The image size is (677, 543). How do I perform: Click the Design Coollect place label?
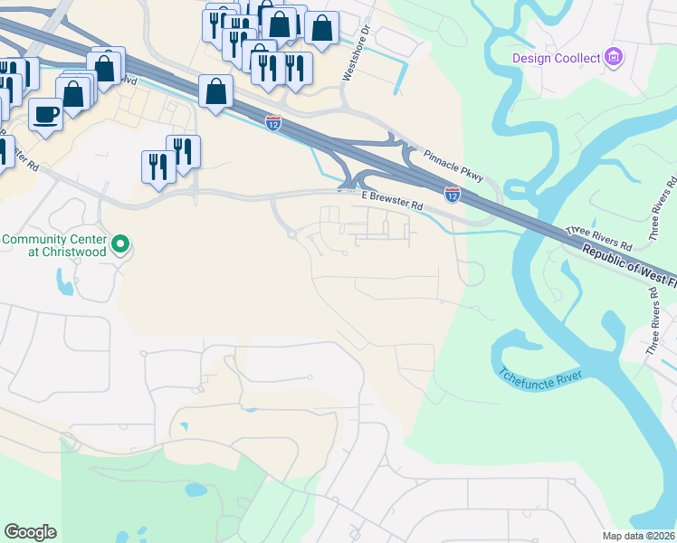tap(556, 58)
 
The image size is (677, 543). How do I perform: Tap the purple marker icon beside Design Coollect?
tap(614, 58)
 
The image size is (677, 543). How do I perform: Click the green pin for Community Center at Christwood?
tap(120, 243)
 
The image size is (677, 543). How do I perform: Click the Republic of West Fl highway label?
tap(628, 268)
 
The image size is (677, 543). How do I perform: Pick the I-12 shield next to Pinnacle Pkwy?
tap(452, 194)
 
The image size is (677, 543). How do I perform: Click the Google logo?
tap(30, 532)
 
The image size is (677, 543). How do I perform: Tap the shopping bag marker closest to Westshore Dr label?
tap(321, 27)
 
